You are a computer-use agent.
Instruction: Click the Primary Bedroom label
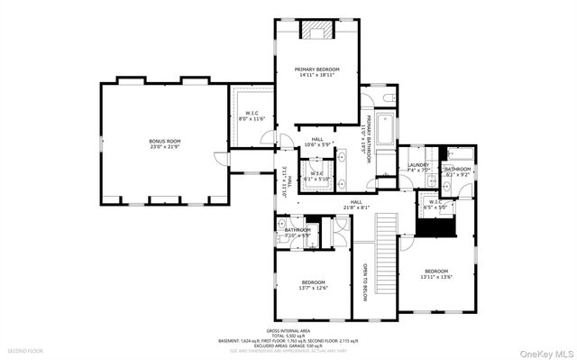[317, 72]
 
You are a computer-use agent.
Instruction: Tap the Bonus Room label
[165, 143]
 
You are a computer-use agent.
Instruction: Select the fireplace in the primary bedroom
[316, 33]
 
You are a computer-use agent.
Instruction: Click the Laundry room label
[417, 167]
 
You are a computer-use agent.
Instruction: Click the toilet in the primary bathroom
[384, 98]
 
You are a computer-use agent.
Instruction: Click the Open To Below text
[364, 280]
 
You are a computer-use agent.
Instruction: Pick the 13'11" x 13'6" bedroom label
[436, 273]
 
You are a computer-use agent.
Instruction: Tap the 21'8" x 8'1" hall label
[356, 204]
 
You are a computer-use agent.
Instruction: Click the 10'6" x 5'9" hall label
[316, 143]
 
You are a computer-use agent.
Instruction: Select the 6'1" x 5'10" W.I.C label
[316, 175]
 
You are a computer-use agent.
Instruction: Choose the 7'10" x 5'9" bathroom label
[298, 232]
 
